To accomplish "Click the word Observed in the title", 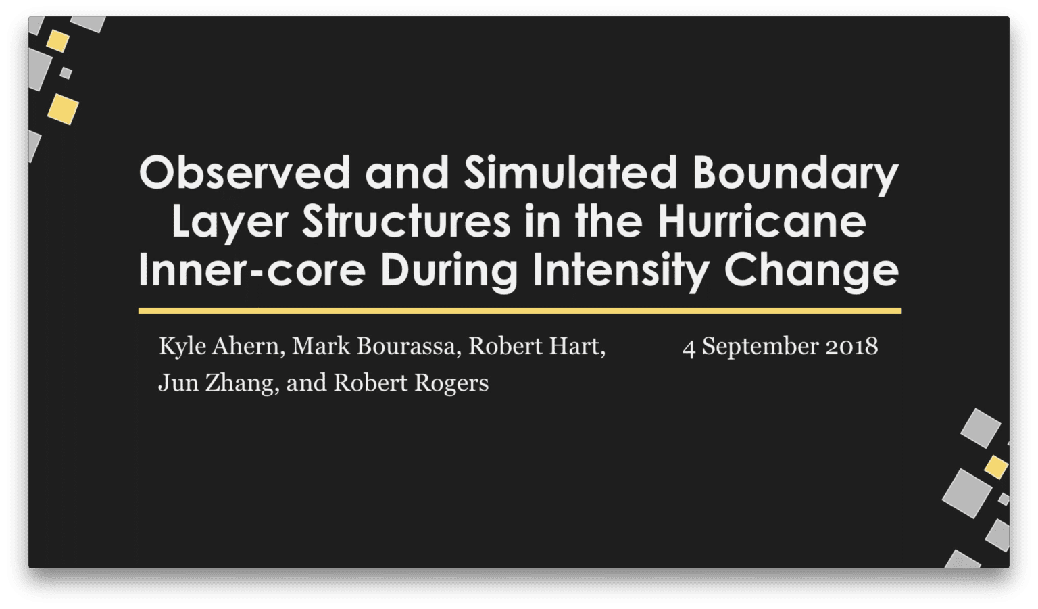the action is (x=244, y=172).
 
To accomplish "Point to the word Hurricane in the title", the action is (x=762, y=222).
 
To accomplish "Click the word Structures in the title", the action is (x=406, y=222).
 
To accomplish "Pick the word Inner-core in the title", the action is (x=252, y=270).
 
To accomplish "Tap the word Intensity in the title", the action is (x=622, y=272).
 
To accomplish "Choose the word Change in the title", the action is (x=812, y=272).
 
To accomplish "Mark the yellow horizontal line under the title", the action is (x=520, y=310).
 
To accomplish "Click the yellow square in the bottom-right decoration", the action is (x=996, y=466).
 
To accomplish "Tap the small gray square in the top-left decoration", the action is (x=66, y=73).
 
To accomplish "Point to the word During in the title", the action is (x=449, y=272).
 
